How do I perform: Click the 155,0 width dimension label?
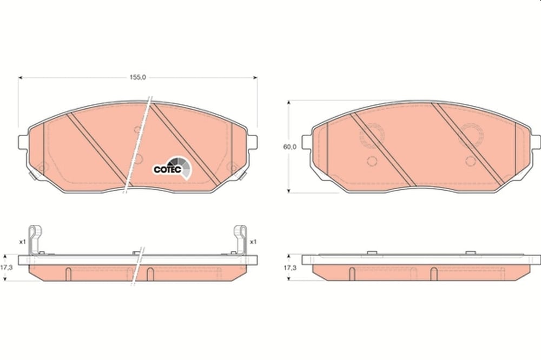point(137,78)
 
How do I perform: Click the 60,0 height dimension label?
point(290,146)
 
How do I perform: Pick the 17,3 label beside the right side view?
point(290,268)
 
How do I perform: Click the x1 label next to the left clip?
point(22,242)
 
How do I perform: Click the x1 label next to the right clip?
point(253,242)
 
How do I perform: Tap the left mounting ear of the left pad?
point(23,142)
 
